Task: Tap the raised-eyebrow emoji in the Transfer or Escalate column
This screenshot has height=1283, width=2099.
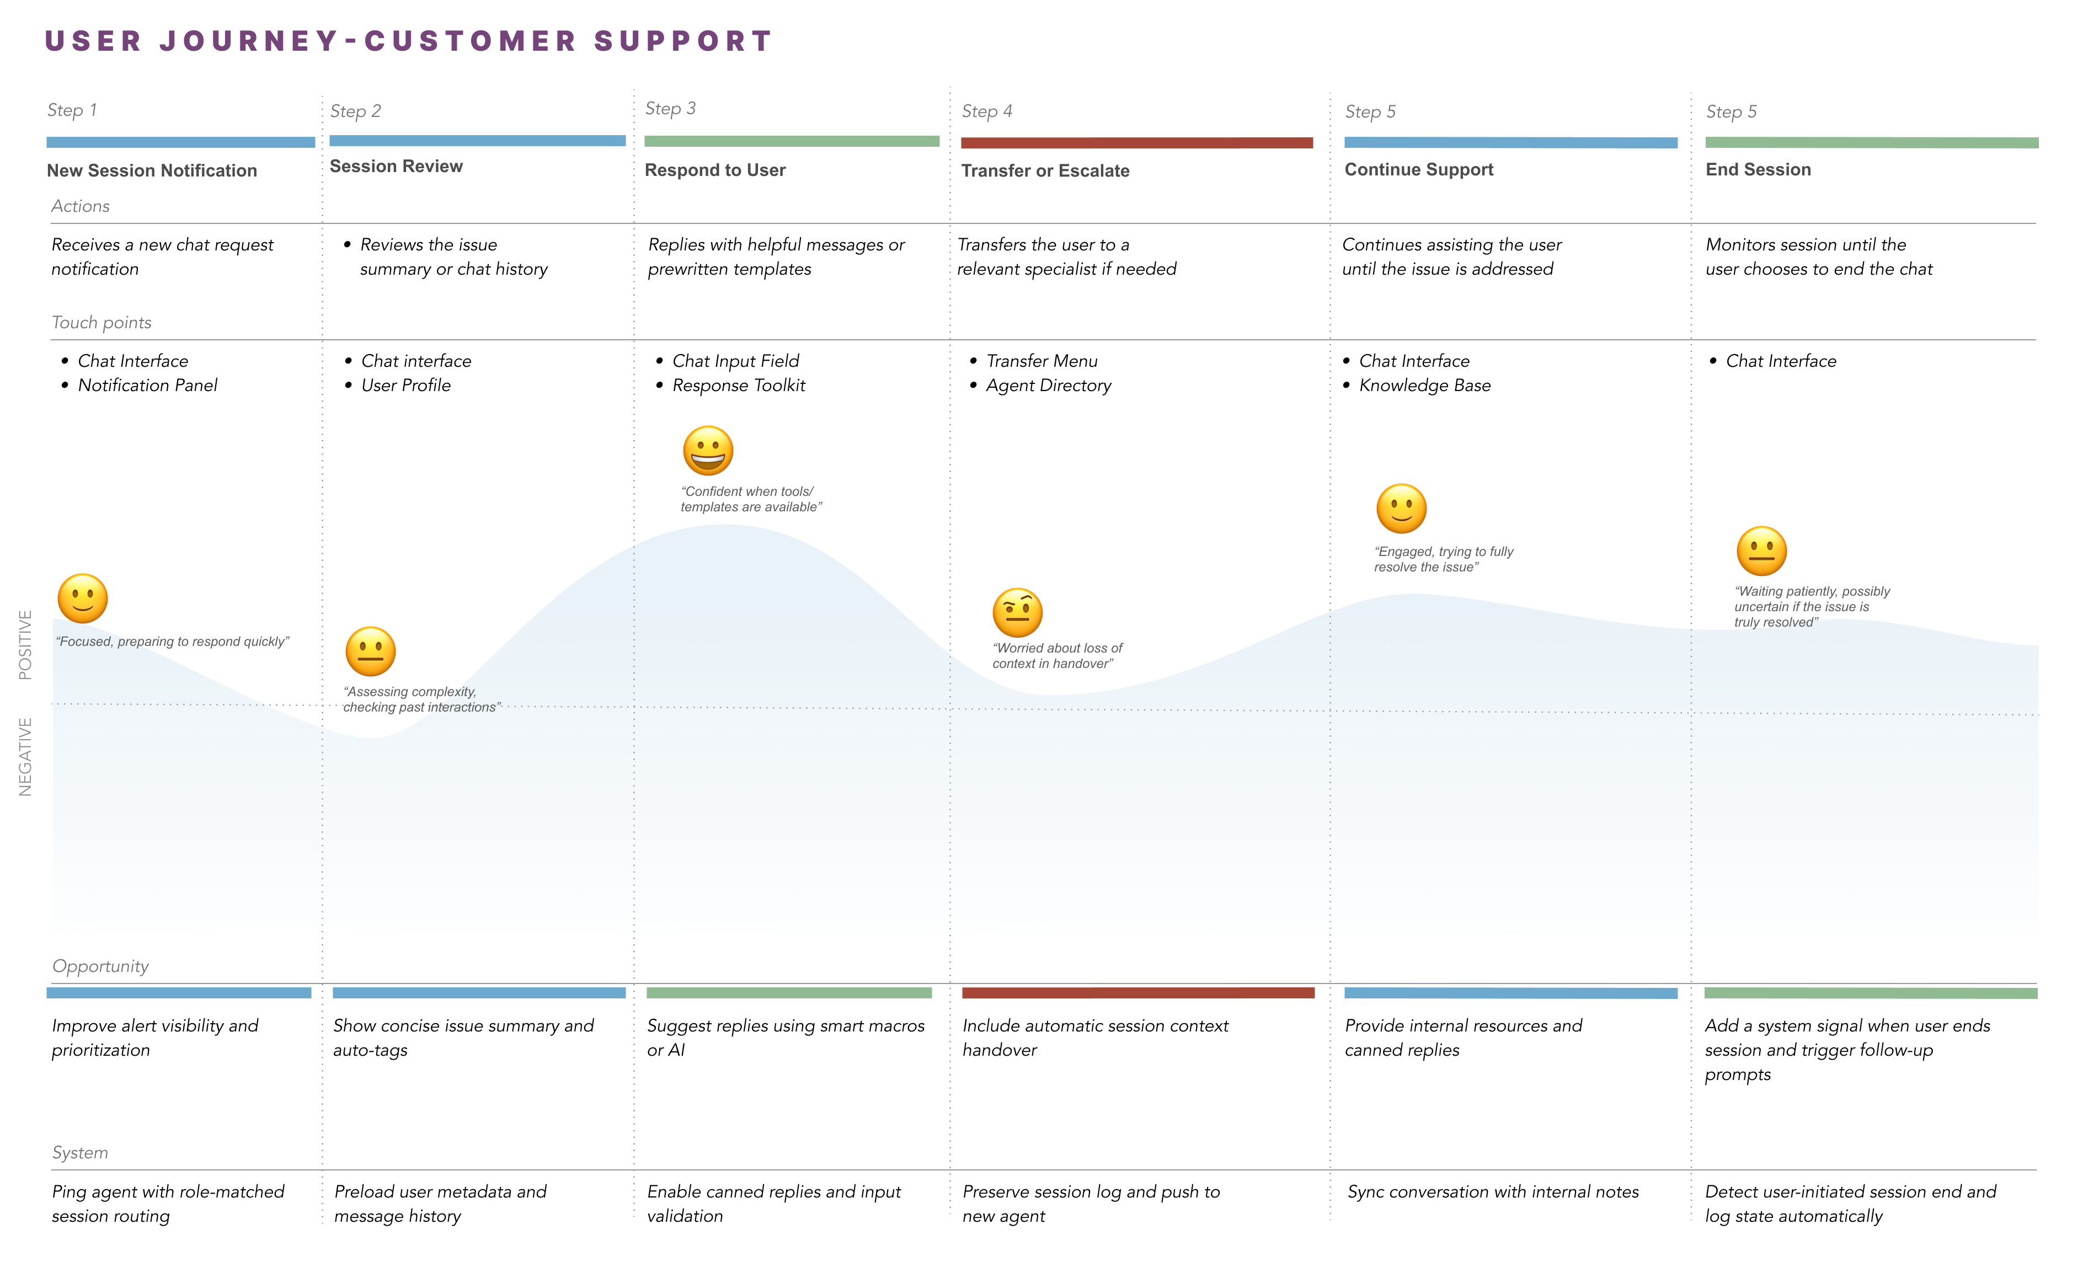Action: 1017,612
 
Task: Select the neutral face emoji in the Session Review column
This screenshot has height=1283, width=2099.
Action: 371,652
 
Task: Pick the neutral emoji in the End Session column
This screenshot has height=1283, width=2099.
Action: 1761,551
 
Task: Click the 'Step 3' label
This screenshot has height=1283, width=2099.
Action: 670,109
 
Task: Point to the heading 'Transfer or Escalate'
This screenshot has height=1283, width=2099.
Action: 1045,171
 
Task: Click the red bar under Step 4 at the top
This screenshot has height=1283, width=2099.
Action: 1136,143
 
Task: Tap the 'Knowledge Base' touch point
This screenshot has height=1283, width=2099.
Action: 1424,386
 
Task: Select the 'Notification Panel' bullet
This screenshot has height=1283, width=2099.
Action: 147,386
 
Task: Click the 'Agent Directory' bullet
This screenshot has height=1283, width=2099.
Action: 1048,386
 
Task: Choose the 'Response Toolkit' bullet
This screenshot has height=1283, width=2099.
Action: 739,386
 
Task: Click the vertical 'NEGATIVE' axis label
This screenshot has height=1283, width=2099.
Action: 25,757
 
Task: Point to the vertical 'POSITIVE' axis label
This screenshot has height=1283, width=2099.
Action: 25,645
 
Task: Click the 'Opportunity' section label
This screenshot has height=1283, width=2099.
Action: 100,966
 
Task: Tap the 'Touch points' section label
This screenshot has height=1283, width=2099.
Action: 102,323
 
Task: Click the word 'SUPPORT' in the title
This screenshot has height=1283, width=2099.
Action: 683,41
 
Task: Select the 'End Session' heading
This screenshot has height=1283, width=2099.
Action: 1758,169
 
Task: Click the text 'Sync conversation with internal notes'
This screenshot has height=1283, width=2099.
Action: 1493,1192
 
